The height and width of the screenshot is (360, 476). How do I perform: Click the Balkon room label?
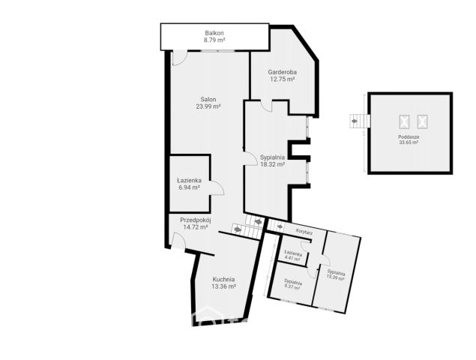pyautogui.click(x=214, y=33)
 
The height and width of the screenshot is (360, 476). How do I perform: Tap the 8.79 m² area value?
pyautogui.click(x=214, y=40)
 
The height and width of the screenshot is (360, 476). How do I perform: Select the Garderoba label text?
pyautogui.click(x=283, y=72)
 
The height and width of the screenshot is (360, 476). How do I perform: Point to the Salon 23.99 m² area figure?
pyautogui.click(x=208, y=106)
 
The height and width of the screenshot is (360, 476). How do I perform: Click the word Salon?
pyautogui.click(x=208, y=99)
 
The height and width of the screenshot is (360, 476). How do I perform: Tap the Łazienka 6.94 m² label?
pyautogui.click(x=190, y=184)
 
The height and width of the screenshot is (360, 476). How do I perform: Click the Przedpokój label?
pyautogui.click(x=196, y=220)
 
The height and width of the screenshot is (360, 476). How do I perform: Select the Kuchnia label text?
pyautogui.click(x=223, y=279)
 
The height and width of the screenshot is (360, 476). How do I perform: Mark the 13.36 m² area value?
pyautogui.click(x=223, y=286)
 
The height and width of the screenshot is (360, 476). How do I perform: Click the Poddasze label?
pyautogui.click(x=409, y=137)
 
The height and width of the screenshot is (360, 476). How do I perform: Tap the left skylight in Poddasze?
pyautogui.click(x=404, y=121)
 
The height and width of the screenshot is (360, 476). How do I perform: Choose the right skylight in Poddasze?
pyautogui.click(x=422, y=121)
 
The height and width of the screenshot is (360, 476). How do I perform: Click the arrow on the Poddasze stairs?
pyautogui.click(x=355, y=121)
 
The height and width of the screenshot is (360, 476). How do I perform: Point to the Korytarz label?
pyautogui.click(x=304, y=232)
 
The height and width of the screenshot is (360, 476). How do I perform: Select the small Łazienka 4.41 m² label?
pyautogui.click(x=293, y=256)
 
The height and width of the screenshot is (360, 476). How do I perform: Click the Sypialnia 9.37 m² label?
pyautogui.click(x=292, y=284)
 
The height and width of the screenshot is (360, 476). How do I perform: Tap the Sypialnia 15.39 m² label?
pyautogui.click(x=335, y=274)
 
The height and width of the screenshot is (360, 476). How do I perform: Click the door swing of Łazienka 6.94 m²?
pyautogui.click(x=217, y=187)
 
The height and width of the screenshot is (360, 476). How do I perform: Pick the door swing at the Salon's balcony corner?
pyautogui.click(x=180, y=58)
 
